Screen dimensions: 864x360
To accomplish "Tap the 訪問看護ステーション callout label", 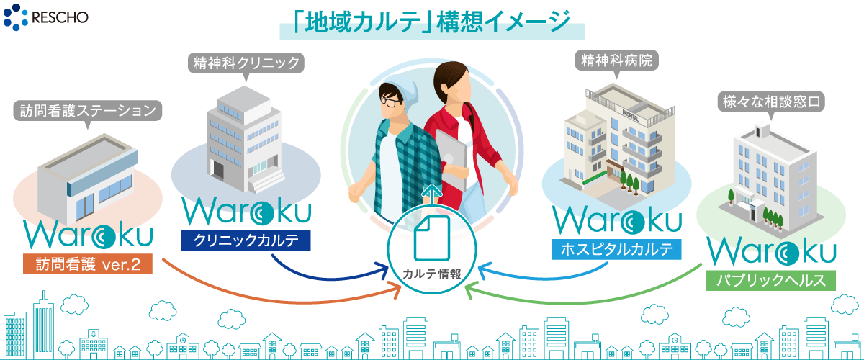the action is pyautogui.click(x=86, y=112).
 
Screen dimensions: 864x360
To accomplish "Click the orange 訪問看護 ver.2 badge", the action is pyautogui.click(x=89, y=264).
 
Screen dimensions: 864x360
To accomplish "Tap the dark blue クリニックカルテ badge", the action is pyautogui.click(x=245, y=240).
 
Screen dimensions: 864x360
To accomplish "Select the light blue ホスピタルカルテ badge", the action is pyautogui.click(x=616, y=250).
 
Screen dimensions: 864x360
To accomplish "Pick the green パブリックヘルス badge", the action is pyautogui.click(x=770, y=280).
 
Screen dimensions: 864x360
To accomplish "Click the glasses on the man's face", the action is pyautogui.click(x=392, y=102).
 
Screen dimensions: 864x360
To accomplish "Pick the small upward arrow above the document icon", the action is pyautogui.click(x=431, y=192).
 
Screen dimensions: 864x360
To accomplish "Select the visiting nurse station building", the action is pyautogui.click(x=86, y=180).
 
